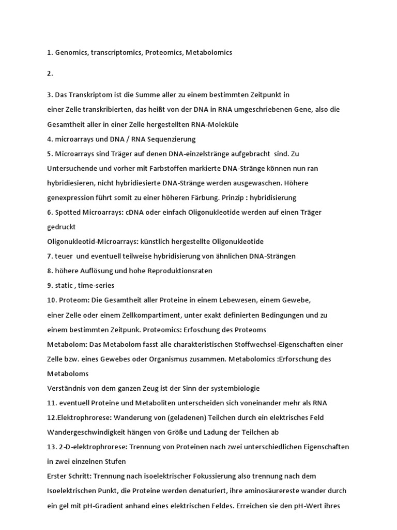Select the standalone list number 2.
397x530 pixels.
point(50,73)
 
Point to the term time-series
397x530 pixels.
point(96,286)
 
